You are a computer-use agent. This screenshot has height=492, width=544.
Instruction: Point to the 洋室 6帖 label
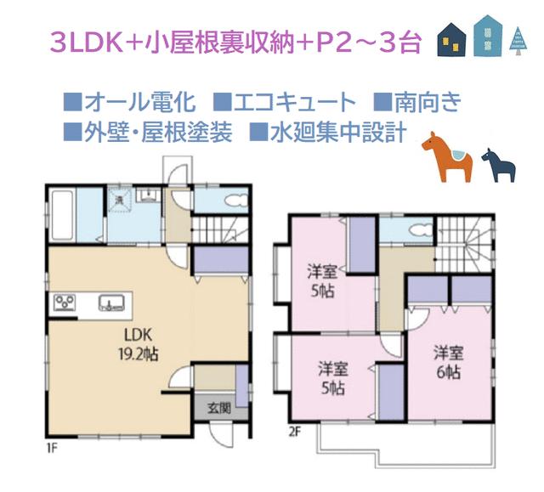(447, 361)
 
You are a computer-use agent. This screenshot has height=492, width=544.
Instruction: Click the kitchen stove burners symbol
(65, 302)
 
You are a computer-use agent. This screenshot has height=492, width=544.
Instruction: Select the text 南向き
(428, 104)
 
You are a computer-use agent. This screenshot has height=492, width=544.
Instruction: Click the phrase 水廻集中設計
(337, 133)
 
